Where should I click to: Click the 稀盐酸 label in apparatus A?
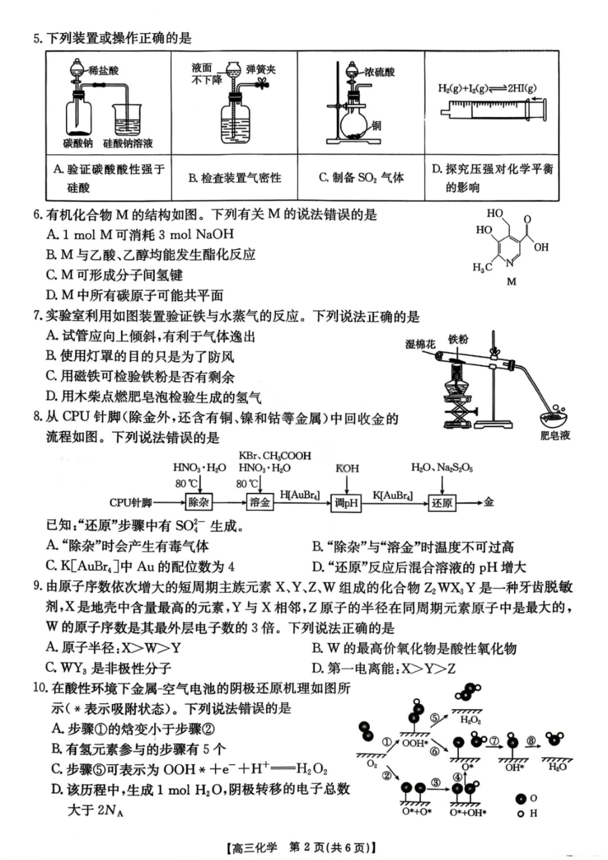pos(104,71)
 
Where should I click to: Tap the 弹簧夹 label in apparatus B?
pos(261,69)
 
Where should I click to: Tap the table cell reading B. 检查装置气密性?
pos(235,178)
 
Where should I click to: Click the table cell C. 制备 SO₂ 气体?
pos(361,178)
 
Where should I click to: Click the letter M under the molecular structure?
pos(511,281)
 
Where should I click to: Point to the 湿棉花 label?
pos(420,344)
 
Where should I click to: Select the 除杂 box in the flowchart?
pos(199,503)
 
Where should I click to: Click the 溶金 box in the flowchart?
pos(260,503)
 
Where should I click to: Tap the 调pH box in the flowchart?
pos(346,503)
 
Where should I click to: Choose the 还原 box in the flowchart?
pos(442,503)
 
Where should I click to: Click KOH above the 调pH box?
pos(347,469)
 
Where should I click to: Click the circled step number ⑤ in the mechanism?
pos(435,717)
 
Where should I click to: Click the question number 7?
pos(37,317)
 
